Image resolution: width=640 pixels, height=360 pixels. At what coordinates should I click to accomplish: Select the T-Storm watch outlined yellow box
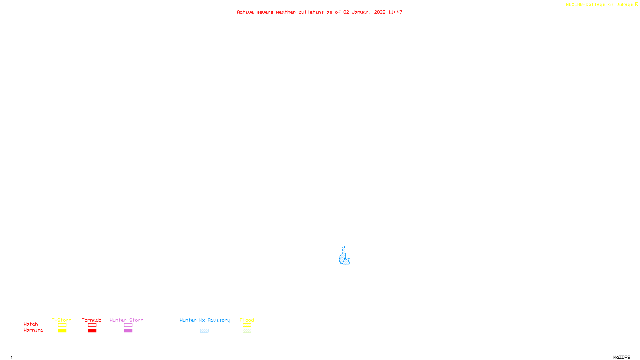(62, 325)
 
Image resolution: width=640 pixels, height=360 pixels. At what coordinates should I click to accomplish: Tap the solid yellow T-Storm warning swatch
(62, 331)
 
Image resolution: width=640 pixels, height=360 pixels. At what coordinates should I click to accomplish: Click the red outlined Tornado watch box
(92, 325)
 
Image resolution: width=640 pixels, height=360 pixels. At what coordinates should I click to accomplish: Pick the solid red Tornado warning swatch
(92, 331)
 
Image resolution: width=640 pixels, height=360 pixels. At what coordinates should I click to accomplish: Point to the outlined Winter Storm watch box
(128, 325)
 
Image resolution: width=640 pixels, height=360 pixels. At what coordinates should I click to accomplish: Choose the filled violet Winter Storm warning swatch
(128, 331)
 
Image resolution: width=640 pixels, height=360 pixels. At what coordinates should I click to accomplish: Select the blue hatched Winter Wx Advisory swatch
(204, 331)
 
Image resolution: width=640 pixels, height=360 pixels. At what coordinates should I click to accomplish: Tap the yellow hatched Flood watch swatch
(247, 325)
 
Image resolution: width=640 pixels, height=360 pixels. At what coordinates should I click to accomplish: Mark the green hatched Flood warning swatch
(247, 331)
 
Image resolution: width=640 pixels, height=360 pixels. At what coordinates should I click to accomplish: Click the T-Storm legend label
(62, 320)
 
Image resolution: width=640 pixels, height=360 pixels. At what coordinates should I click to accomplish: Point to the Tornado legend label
(92, 320)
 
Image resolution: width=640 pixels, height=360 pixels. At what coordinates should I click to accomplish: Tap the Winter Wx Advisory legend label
(205, 320)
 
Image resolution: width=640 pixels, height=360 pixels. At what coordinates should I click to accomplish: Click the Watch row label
(31, 324)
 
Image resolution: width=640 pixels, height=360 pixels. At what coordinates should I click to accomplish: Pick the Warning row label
(33, 330)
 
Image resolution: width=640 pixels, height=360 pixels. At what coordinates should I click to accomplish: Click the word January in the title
(362, 12)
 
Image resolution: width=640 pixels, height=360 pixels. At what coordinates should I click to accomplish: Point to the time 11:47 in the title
(395, 12)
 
